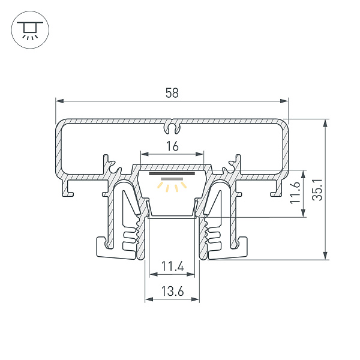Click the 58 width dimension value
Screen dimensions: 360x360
(172, 93)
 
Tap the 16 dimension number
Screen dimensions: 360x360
(172, 146)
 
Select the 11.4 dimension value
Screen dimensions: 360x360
(173, 266)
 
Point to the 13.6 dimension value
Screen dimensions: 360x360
(172, 292)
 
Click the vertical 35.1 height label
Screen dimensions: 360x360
(318, 190)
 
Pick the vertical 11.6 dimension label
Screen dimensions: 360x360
(295, 193)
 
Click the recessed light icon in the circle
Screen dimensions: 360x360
(30, 30)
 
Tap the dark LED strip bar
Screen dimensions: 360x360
(172, 173)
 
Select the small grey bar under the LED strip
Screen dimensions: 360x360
(172, 179)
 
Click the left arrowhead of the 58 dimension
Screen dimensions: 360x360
(59, 101)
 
